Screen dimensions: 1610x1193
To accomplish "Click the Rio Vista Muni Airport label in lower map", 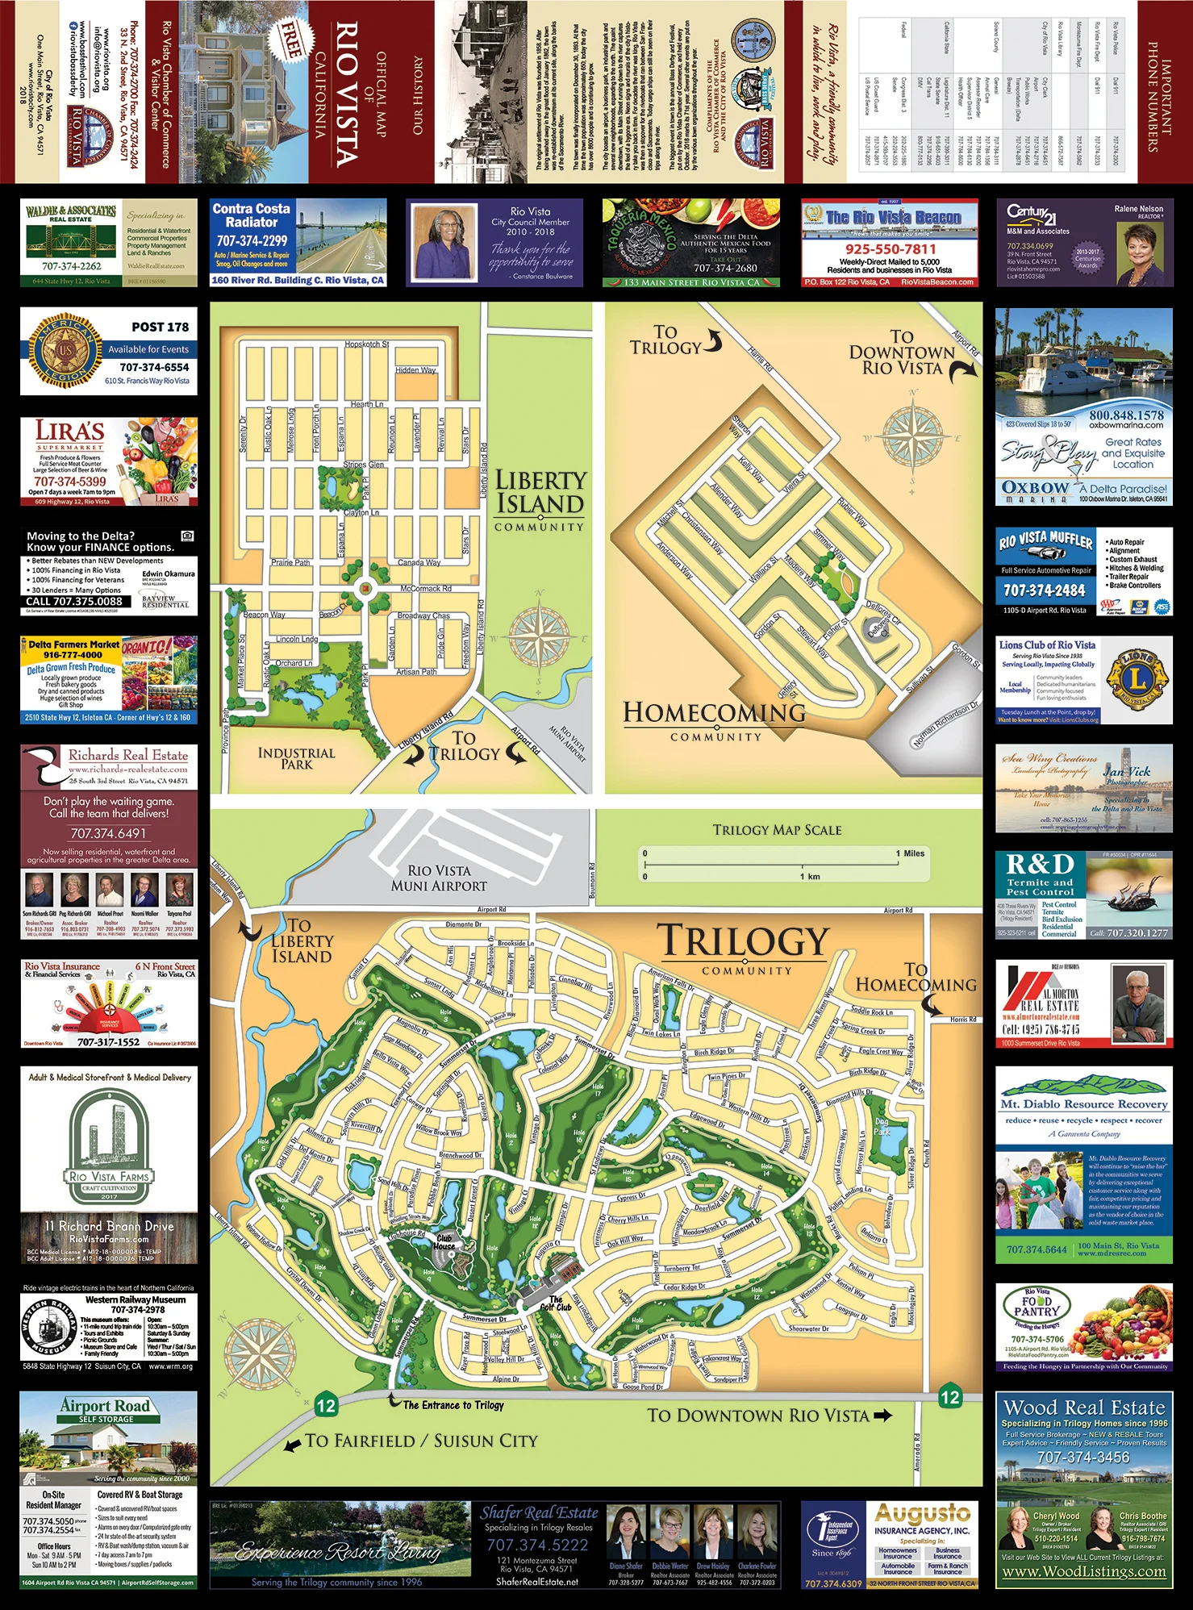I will pos(439,878).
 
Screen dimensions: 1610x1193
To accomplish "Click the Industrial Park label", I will pos(296,758).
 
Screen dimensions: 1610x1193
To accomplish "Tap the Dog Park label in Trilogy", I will pos(882,1126).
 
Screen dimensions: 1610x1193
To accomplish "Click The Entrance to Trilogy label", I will pos(453,1405).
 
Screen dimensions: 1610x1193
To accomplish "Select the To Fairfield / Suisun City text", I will pos(421,1441).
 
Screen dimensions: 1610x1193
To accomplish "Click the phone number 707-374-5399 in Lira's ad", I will pos(70,482).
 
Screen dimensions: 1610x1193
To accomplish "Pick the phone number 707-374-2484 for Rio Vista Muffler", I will pos(1044,590).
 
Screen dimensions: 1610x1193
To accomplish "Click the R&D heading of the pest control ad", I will pos(1041,865).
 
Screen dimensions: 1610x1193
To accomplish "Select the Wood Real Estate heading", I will pos(1084,1408).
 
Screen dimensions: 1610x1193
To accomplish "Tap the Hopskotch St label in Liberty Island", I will pos(367,344).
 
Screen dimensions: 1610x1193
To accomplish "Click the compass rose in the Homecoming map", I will pos(913,436).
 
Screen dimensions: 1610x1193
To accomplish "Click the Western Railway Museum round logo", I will pos(49,1327).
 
